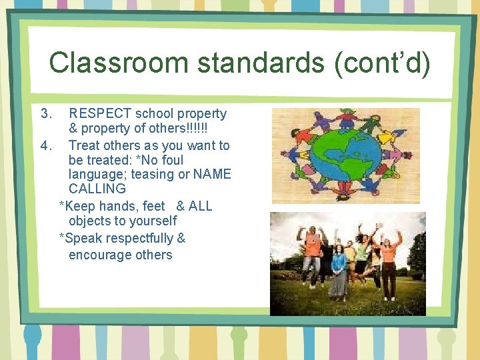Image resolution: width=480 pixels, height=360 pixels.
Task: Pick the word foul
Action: [171, 160]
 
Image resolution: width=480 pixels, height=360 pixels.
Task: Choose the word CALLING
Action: [97, 189]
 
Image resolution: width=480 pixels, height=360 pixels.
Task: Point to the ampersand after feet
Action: [181, 206]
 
